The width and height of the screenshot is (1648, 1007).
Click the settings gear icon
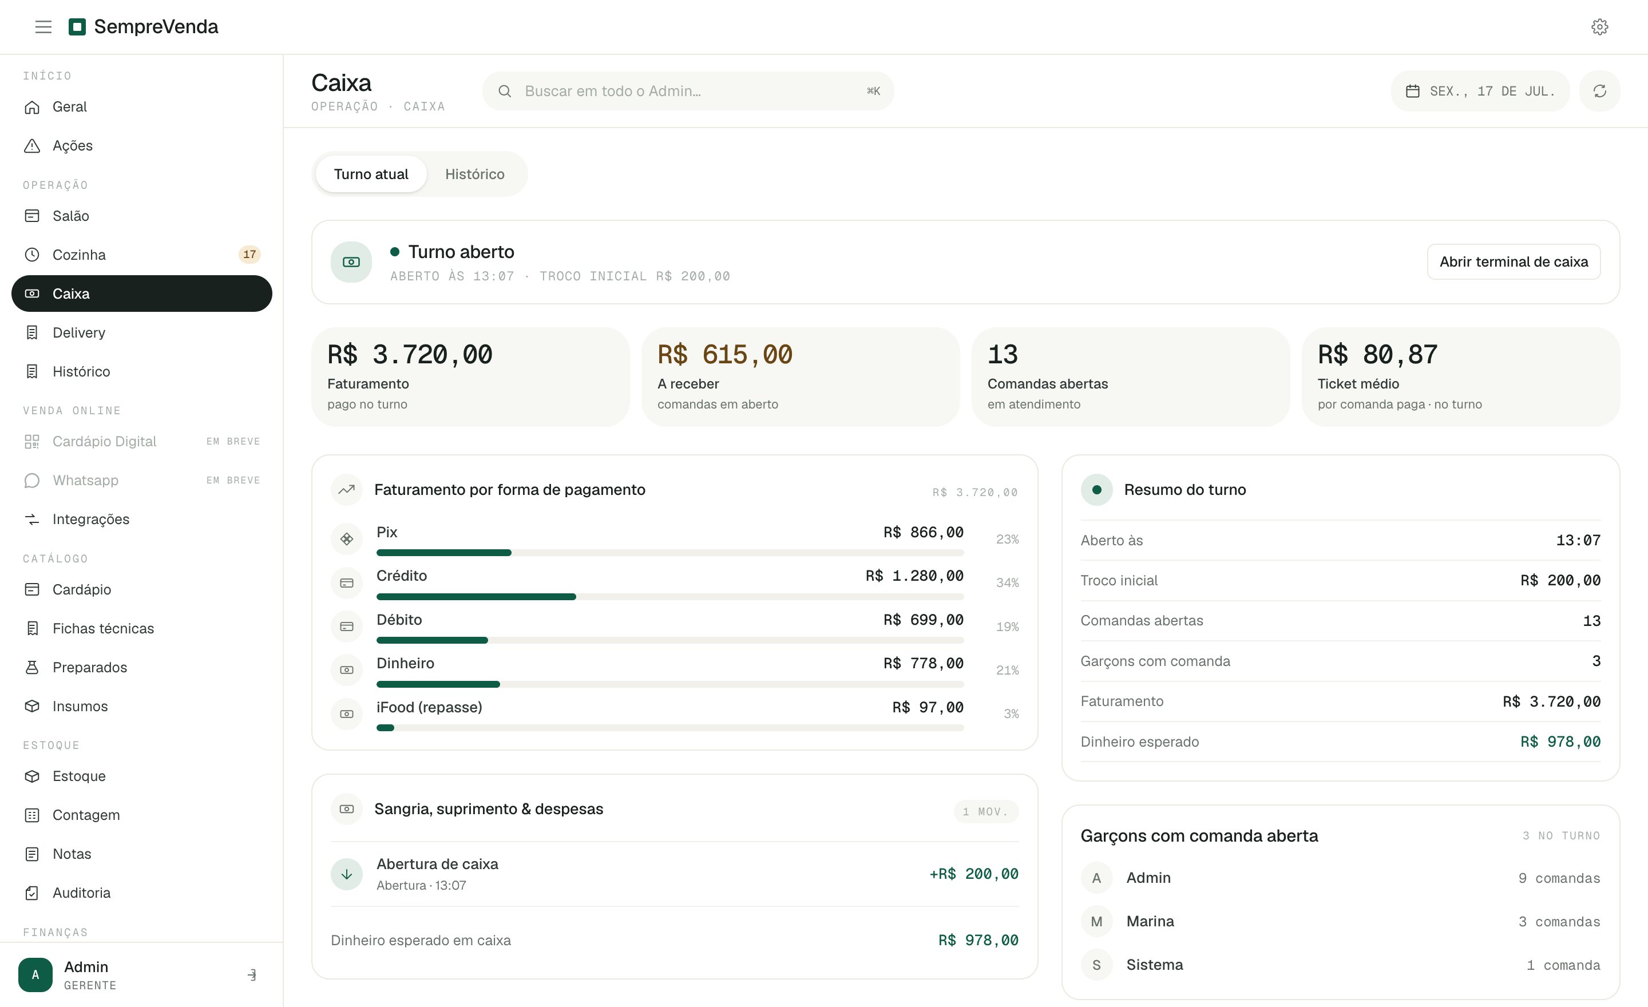click(x=1599, y=27)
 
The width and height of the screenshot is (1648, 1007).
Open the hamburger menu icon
click(x=43, y=27)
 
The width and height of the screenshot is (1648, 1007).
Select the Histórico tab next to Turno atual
click(x=475, y=174)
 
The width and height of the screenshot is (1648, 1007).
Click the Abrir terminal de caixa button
click(x=1514, y=261)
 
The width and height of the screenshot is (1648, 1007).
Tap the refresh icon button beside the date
click(x=1599, y=91)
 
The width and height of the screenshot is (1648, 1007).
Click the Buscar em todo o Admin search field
click(x=688, y=91)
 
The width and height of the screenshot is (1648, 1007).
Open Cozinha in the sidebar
click(x=79, y=255)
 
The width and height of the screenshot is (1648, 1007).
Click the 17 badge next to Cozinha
click(x=249, y=254)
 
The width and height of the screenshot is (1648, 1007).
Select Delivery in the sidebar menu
click(x=79, y=332)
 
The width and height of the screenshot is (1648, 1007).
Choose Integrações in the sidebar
click(x=91, y=519)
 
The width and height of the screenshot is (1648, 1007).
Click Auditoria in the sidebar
click(x=82, y=893)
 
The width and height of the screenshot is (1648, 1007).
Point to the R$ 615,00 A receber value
click(x=725, y=354)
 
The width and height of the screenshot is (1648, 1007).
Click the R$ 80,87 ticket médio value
click(x=1377, y=354)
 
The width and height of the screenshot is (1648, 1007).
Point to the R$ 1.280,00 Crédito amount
click(x=914, y=576)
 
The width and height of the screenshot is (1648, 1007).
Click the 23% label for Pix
click(x=1007, y=539)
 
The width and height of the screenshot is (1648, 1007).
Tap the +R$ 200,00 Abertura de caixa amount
click(x=974, y=874)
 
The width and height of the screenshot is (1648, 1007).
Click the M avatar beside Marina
click(x=1096, y=921)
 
